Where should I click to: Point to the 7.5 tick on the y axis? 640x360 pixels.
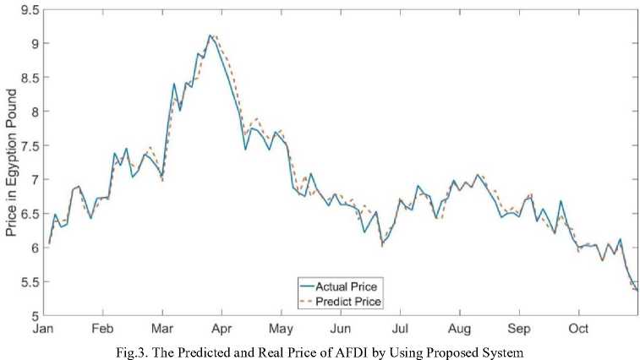coord(30,145)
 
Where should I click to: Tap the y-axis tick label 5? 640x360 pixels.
coord(35,316)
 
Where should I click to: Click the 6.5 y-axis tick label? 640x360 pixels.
coord(30,214)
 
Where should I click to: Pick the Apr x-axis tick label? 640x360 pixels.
coord(222,328)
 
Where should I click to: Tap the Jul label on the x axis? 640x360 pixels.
coord(400,328)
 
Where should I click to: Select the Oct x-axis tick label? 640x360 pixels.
coord(578,328)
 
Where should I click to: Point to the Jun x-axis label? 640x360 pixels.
coord(340,328)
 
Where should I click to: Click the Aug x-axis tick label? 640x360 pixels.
coord(459,328)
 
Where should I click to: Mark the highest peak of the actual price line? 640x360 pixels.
coord(210,35)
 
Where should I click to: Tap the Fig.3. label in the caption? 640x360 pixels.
coord(137,350)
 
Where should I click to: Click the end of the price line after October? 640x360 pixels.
coord(637,290)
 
